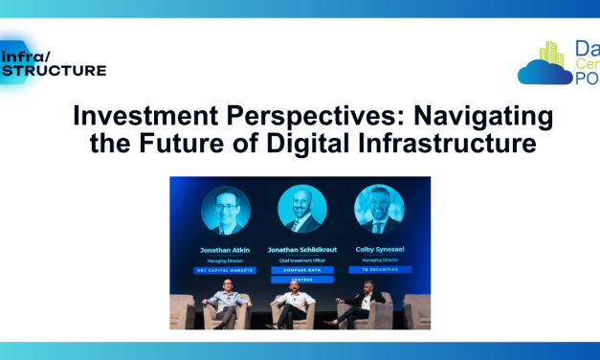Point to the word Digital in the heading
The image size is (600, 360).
click(x=302, y=146)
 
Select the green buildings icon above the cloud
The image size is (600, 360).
click(x=552, y=54)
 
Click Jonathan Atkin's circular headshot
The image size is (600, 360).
click(x=226, y=210)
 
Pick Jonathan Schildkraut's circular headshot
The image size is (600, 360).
click(x=301, y=210)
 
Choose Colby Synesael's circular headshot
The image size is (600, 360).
click(x=378, y=210)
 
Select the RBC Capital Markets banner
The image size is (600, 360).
click(x=226, y=270)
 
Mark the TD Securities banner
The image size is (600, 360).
click(x=379, y=270)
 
